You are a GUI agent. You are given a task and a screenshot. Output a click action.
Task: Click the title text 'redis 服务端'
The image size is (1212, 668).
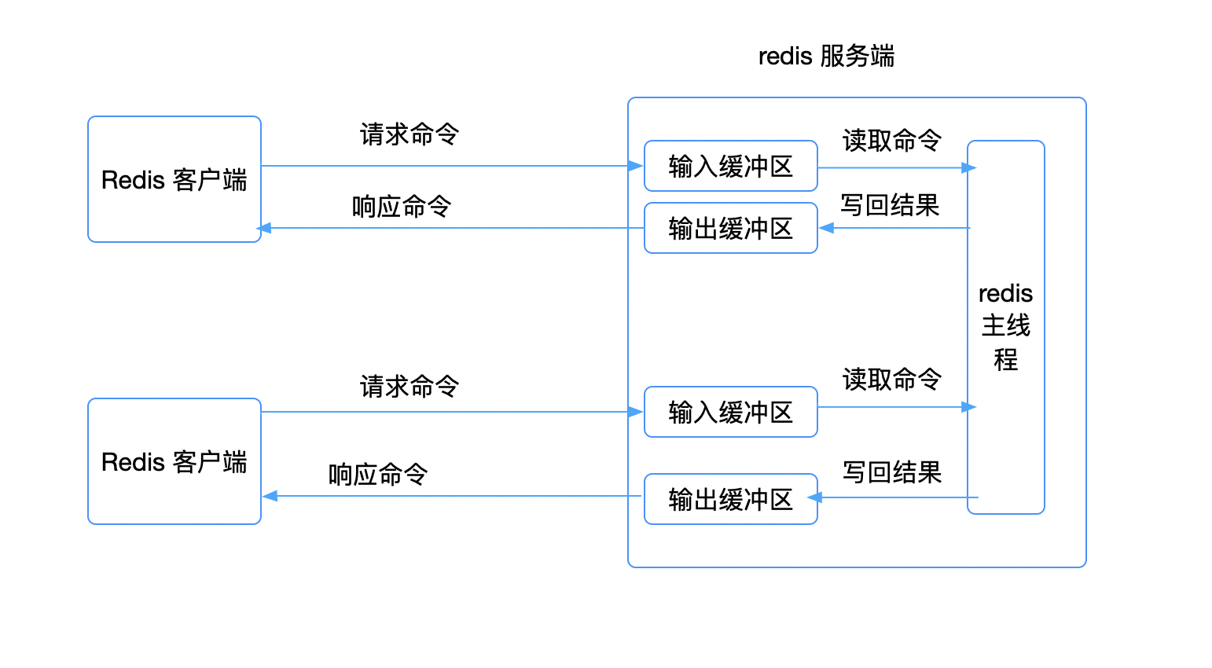coord(826,57)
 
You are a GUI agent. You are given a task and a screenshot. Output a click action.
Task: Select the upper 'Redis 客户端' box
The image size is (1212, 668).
coord(174,180)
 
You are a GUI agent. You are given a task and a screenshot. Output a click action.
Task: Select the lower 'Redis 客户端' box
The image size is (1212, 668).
coord(174,462)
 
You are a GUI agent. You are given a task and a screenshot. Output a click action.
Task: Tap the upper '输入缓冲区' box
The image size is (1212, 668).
coord(730,167)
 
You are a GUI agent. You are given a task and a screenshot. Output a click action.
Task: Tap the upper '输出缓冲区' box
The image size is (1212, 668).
coord(730,229)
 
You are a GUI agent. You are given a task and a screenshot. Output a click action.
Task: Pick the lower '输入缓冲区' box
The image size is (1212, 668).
coord(730,412)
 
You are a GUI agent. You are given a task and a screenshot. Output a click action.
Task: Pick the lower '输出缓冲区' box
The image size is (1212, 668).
coord(730,499)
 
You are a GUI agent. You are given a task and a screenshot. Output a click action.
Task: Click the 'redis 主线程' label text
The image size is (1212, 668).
coord(1005,326)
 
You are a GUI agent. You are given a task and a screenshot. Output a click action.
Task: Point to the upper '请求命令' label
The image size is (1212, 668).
coord(409,134)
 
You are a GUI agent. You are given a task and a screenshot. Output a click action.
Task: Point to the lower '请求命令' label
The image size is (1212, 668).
coord(409,386)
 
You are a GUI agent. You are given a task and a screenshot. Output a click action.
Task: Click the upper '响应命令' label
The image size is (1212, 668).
coord(401,207)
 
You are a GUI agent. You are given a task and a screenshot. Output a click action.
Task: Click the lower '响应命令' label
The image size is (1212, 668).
coord(377,475)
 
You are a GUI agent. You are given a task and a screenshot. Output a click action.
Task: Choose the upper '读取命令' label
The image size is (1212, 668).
coord(891,141)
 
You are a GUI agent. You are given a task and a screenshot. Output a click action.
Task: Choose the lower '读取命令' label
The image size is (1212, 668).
coord(891,380)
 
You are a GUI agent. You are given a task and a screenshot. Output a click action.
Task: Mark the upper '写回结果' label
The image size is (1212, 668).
coord(890,205)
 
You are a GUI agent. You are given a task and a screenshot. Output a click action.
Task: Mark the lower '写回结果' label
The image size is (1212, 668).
coord(891,472)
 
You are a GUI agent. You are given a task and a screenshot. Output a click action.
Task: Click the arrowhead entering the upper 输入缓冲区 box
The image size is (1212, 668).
coord(636,166)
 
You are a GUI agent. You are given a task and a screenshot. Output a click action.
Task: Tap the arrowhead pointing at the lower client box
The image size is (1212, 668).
coord(270,496)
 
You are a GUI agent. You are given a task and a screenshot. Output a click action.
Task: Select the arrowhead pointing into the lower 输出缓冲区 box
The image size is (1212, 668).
coord(815,497)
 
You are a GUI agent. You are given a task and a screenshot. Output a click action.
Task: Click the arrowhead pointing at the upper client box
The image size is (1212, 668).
coord(265,228)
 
